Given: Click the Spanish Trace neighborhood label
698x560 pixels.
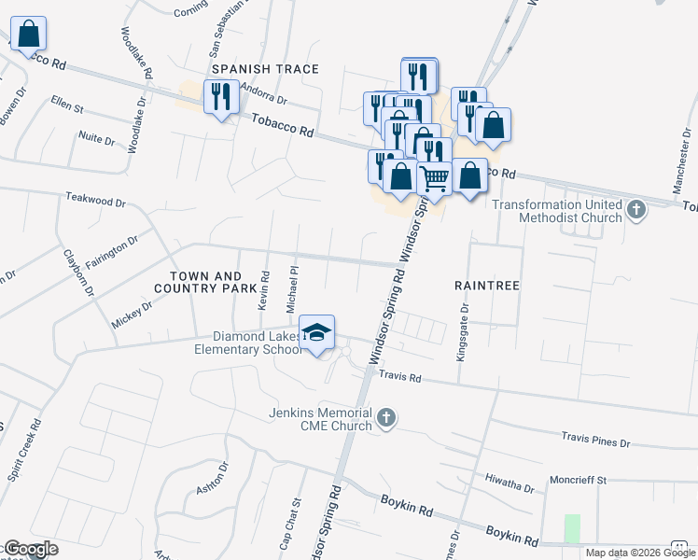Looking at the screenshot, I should tap(265, 69).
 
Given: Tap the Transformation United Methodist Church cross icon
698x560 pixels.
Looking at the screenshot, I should tap(636, 208).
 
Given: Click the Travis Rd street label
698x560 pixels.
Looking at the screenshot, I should tap(401, 377).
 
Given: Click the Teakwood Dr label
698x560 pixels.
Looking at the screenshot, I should tap(95, 201).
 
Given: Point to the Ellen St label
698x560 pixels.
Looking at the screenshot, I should tap(67, 103).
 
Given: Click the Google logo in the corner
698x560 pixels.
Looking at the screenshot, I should tap(31, 549).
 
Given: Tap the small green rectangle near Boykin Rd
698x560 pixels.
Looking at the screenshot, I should tap(572, 527).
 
